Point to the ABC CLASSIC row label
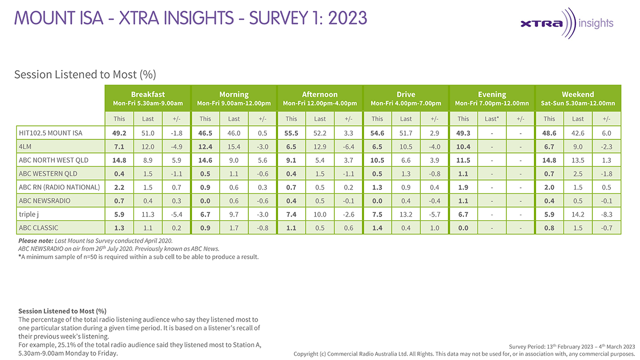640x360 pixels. [x=38, y=227]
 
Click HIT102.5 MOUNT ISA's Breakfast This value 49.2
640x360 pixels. [x=119, y=133]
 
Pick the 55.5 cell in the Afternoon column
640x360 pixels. [x=291, y=133]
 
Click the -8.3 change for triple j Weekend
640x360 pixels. [x=606, y=214]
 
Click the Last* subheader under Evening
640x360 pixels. [x=492, y=119]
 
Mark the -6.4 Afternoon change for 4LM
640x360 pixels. [x=348, y=146]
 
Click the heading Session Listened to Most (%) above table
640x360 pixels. [x=84, y=75]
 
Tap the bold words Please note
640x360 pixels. [x=35, y=241]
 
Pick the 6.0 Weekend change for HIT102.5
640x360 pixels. [x=606, y=133]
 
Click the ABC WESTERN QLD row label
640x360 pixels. [x=48, y=173]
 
